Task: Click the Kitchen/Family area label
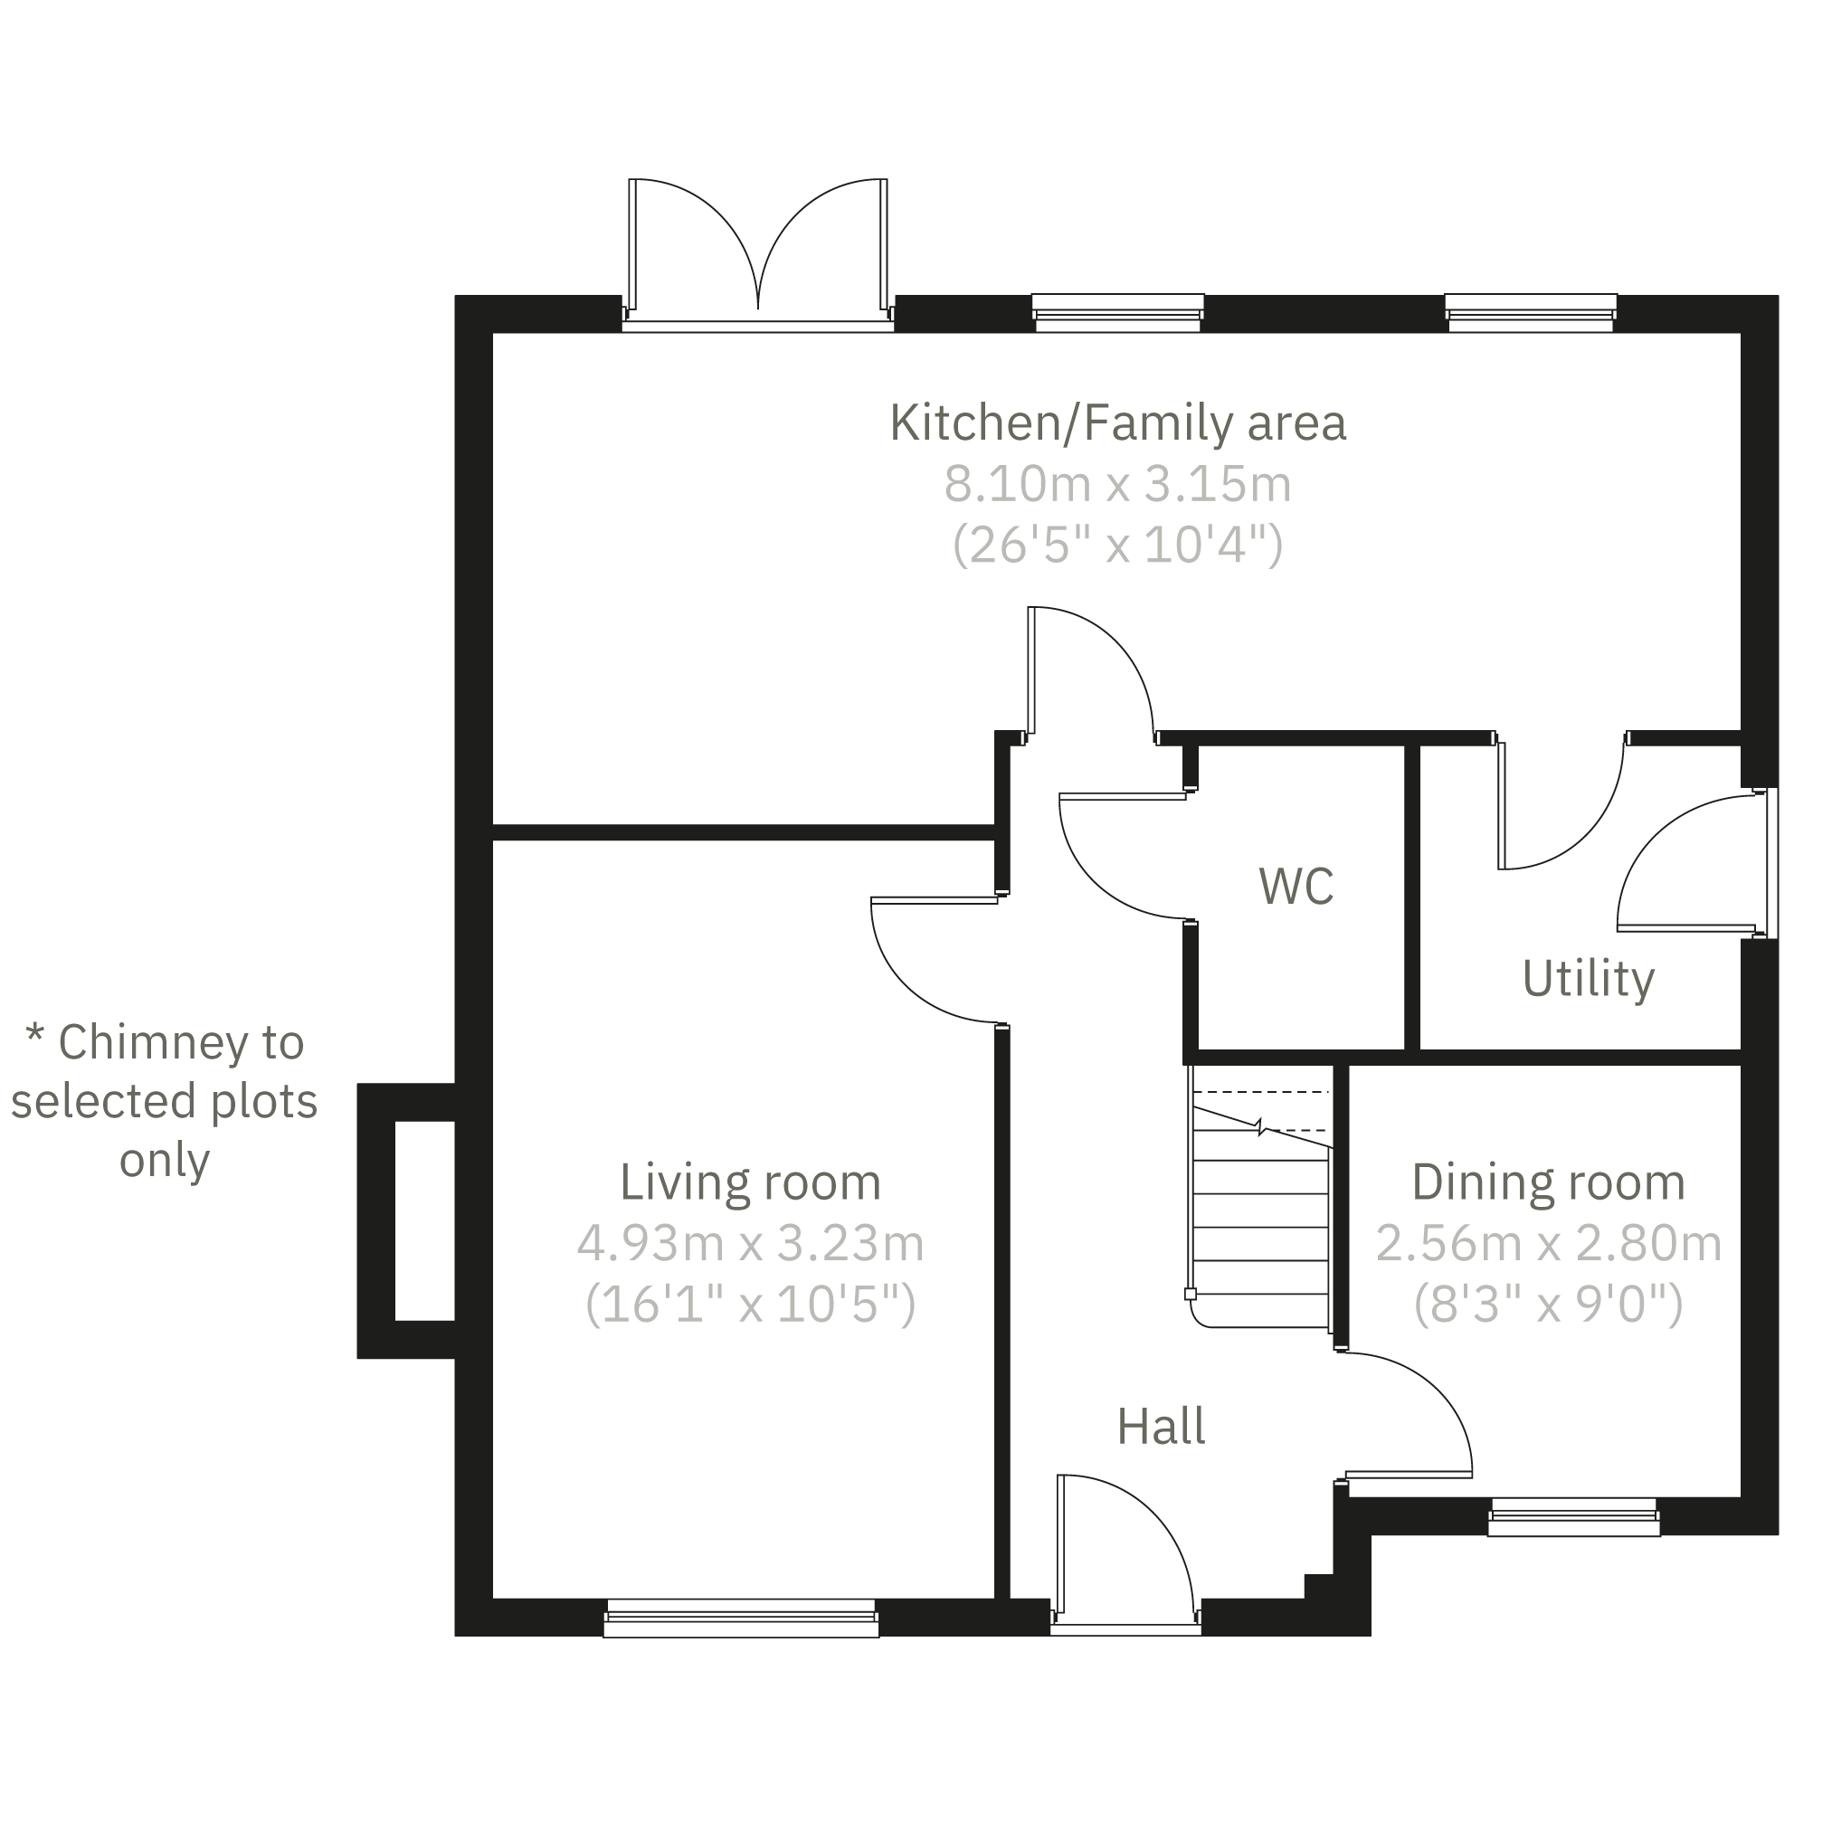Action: (x=1117, y=422)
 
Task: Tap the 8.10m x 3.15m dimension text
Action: (x=1117, y=485)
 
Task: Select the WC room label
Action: (x=1296, y=886)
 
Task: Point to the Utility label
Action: (x=1588, y=979)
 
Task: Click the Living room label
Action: (x=749, y=1182)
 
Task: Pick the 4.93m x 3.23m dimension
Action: (x=749, y=1243)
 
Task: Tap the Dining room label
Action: (x=1548, y=1182)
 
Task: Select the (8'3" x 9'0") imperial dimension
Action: (x=1548, y=1304)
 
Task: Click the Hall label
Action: (x=1161, y=1427)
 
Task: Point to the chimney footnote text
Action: (x=163, y=1101)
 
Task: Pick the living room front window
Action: (x=741, y=1618)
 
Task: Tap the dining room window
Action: (x=1573, y=1516)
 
